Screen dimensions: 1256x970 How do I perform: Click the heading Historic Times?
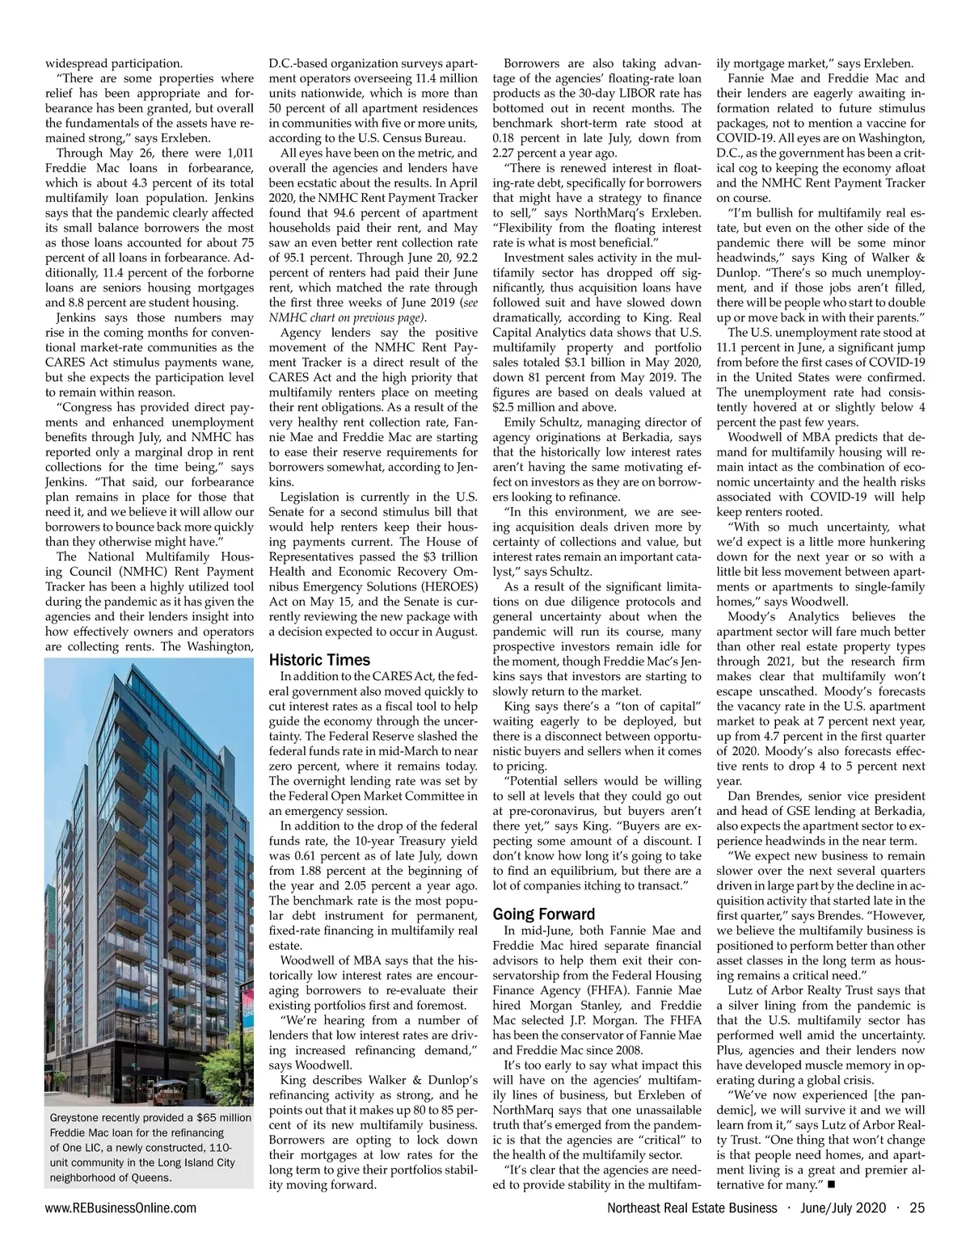pyautogui.click(x=318, y=660)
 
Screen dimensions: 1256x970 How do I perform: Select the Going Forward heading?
pyautogui.click(x=543, y=914)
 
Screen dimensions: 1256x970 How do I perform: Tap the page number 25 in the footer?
pyautogui.click(x=917, y=1208)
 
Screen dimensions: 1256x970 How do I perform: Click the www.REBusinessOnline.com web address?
pyautogui.click(x=120, y=1208)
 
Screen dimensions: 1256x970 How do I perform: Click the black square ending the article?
pyautogui.click(x=831, y=1184)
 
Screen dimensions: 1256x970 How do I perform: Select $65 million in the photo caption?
pyautogui.click(x=223, y=1118)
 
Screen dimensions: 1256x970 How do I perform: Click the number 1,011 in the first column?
pyautogui.click(x=238, y=153)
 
